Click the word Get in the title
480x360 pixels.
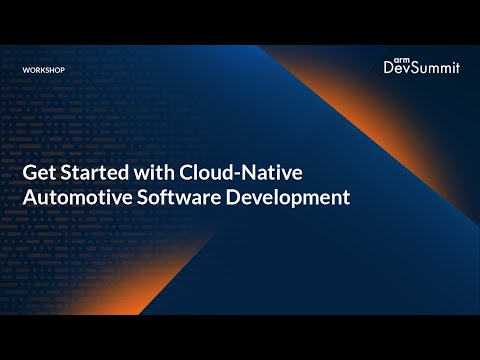point(38,172)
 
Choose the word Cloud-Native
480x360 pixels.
point(239,172)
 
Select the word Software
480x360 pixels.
point(181,197)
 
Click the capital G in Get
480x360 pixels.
point(30,172)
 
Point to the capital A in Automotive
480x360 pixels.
point(29,197)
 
